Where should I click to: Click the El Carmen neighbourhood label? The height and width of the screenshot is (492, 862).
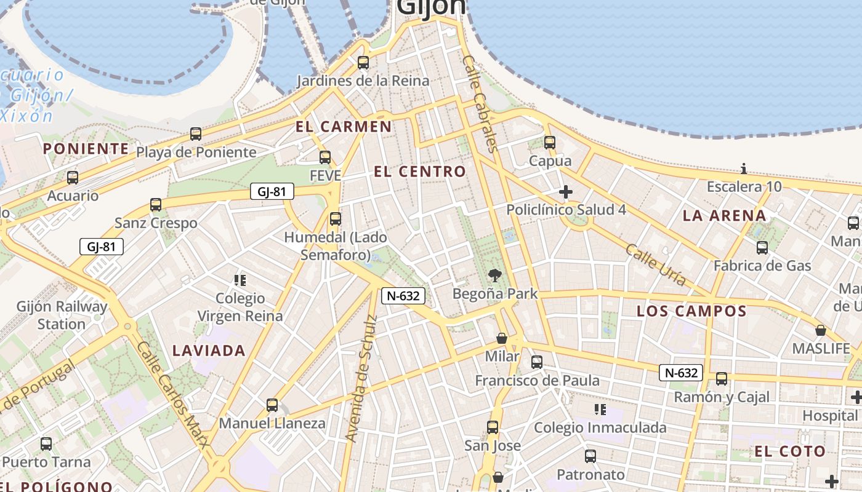[343, 127]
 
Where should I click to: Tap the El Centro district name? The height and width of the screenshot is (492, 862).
[420, 172]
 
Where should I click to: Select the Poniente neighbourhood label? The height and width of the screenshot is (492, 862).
[86, 149]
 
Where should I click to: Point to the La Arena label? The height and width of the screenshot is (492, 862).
[724, 216]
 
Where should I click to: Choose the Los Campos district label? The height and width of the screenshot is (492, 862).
[691, 311]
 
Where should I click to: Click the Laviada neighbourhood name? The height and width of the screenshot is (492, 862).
[209, 351]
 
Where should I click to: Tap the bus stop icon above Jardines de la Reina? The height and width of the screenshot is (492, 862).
[363, 62]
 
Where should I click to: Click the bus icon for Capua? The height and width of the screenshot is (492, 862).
[550, 143]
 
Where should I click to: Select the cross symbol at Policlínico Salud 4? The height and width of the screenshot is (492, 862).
[565, 192]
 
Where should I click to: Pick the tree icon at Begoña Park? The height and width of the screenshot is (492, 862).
[494, 276]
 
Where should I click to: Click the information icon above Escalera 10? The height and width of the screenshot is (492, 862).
[744, 169]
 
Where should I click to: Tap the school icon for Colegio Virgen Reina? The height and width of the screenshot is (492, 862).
[240, 280]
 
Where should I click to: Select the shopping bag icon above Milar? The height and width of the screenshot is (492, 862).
[502, 338]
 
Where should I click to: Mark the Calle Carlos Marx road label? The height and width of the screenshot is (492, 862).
[174, 395]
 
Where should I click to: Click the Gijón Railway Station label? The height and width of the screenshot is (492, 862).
[62, 315]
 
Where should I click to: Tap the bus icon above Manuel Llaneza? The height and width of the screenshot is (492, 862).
[272, 405]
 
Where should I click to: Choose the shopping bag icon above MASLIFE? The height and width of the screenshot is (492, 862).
[821, 330]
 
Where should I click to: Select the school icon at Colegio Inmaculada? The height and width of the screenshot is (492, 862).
[600, 410]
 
